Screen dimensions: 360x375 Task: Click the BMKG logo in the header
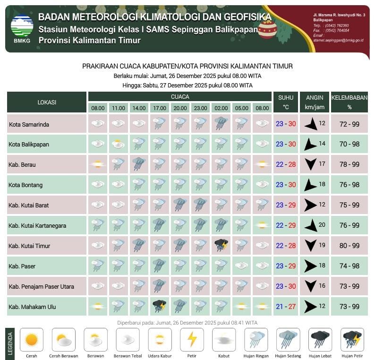point(22,27)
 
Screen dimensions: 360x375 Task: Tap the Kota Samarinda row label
point(29,124)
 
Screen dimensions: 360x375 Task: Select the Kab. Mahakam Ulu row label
point(32,307)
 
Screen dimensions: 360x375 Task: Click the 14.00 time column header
point(139,108)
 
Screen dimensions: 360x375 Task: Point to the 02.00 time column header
point(221,108)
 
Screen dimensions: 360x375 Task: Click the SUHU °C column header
point(286,102)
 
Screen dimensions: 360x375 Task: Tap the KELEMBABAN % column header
point(349,102)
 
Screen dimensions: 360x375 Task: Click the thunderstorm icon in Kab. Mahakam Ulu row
point(159,306)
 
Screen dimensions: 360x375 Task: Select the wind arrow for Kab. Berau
point(310,164)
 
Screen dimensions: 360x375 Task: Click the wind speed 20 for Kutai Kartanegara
point(322,224)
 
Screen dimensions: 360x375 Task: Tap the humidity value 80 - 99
point(349,246)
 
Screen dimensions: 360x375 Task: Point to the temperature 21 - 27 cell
point(286,307)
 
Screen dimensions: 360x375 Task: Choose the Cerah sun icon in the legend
point(31,340)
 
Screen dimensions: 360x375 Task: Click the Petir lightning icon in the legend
point(192,340)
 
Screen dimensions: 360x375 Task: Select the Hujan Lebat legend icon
point(320,340)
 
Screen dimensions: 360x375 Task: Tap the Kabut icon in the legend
point(224,340)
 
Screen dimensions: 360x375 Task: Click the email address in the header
point(338,40)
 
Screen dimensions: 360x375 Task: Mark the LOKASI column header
point(47,102)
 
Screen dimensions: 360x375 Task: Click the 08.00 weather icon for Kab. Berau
point(98,164)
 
